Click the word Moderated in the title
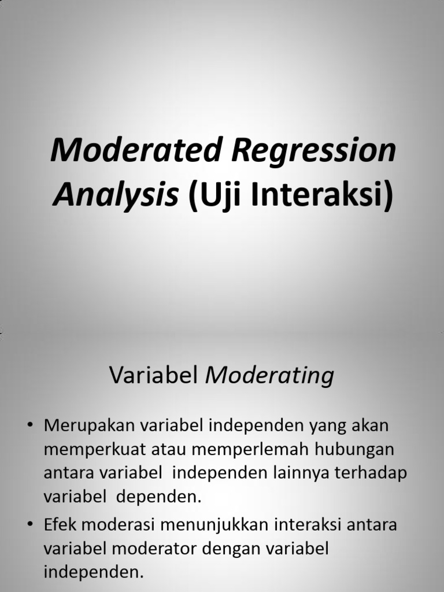pos(134,152)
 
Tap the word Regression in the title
pos(314,152)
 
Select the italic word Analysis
pos(116,197)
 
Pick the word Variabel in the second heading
pos(154,376)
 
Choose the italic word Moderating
pos(270,376)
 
